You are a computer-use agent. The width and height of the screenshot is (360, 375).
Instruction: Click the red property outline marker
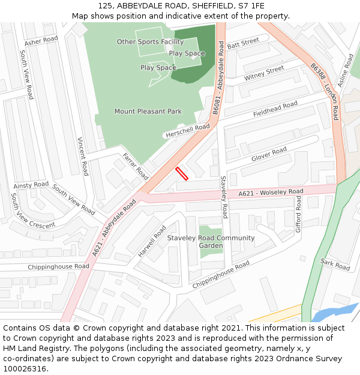[182, 174]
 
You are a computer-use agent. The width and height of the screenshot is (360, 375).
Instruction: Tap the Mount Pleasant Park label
[148, 112]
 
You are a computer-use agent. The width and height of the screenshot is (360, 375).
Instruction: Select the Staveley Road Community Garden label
[211, 242]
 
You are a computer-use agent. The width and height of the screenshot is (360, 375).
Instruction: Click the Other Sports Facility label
[150, 42]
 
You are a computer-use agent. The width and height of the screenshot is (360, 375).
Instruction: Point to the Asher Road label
[41, 41]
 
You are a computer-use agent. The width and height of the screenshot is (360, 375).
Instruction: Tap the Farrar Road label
[135, 166]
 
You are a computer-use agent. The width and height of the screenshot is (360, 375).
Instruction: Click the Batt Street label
[243, 42]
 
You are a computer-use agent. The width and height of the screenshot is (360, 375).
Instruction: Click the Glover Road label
[269, 155]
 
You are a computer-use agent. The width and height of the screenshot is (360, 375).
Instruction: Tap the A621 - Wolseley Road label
[271, 193]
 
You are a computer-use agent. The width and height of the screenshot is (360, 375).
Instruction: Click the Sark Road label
[335, 264]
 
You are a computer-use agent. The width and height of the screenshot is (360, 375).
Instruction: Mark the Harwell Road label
[152, 242]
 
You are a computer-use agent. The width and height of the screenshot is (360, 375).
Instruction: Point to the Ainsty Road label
[31, 185]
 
